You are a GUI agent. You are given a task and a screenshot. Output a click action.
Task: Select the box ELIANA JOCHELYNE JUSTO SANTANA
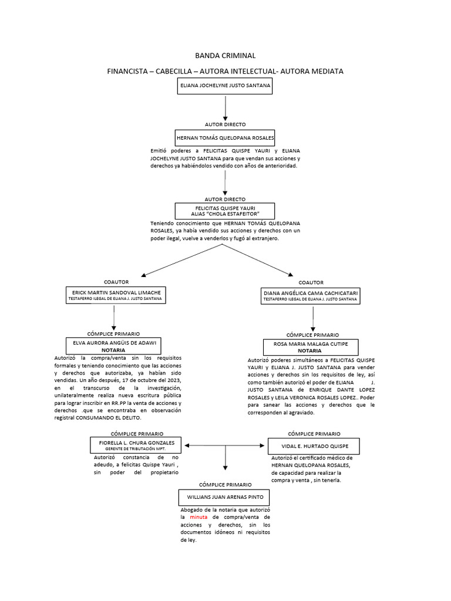pos(225,86)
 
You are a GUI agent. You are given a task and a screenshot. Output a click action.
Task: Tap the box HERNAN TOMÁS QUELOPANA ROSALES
pos(225,137)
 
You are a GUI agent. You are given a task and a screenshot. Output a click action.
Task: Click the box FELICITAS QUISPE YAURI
pos(225,211)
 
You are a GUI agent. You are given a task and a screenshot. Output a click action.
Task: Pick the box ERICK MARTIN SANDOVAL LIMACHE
pos(116,295)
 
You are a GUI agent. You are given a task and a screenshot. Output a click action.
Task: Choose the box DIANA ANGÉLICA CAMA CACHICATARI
pos(310,295)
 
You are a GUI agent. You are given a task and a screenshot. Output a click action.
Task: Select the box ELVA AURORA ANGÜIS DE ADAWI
pos(116,345)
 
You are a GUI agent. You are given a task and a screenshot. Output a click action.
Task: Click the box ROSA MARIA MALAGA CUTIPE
pos(311,347)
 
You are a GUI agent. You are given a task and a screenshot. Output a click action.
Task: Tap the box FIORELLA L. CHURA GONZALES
pos(136,445)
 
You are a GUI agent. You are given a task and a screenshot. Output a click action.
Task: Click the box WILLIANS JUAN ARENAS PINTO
pos(225,497)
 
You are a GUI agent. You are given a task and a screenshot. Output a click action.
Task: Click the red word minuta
pos(200,517)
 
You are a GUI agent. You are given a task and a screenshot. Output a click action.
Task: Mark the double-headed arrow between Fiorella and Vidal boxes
pos(225,446)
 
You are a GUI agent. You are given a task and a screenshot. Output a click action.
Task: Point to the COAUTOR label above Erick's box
pos(116,282)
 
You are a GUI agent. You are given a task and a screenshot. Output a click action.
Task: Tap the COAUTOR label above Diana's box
pos(311,282)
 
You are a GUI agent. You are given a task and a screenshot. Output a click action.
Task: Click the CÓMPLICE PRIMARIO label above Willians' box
pos(225,484)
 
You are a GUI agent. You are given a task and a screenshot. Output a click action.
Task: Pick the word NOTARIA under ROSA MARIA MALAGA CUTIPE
pos(311,350)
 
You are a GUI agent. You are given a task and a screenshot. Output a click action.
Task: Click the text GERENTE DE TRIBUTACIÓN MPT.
pos(136,449)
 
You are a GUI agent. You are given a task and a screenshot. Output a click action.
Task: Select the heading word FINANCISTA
pos(128,71)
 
